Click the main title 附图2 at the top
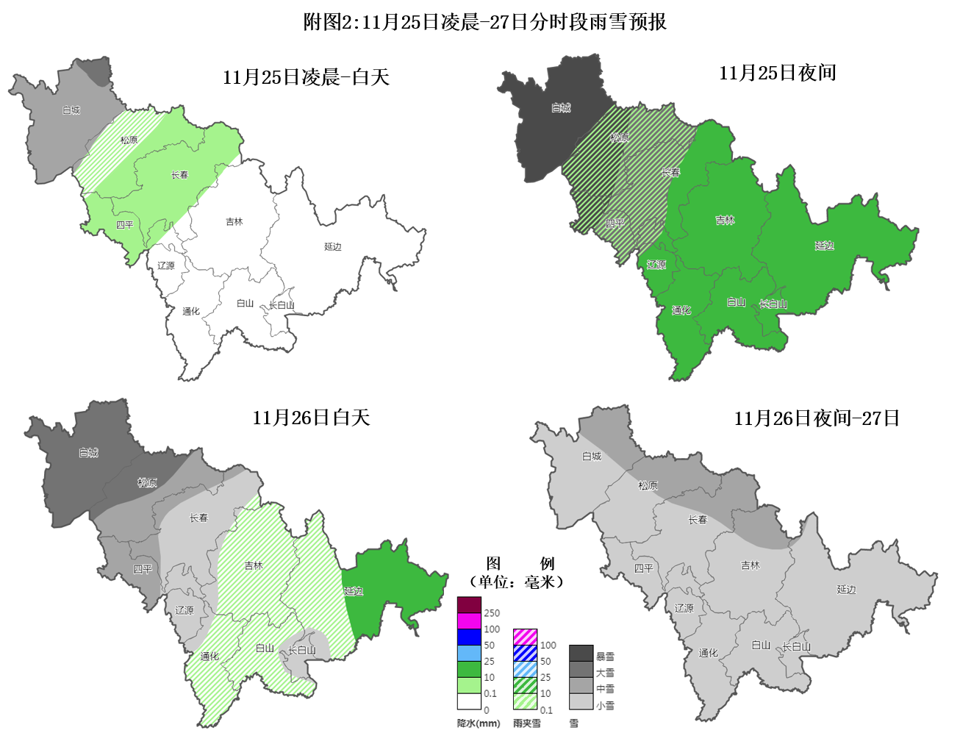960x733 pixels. click(485, 22)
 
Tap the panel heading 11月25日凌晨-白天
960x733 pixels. click(306, 77)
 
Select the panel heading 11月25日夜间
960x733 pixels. click(777, 73)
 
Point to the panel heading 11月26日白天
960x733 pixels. click(311, 418)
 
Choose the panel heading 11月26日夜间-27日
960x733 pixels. click(817, 418)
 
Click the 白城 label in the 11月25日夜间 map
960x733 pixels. click(561, 108)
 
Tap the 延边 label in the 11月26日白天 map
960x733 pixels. click(354, 591)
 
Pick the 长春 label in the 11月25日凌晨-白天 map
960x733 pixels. click(180, 175)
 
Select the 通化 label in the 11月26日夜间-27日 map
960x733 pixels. click(708, 653)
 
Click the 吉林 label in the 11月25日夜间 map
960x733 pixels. click(725, 220)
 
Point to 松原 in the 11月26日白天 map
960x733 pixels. click(147, 483)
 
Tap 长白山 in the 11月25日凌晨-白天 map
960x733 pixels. click(282, 305)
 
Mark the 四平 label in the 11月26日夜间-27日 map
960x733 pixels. click(643, 568)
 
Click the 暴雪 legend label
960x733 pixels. click(605, 657)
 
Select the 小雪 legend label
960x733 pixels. click(605, 705)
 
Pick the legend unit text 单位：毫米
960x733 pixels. click(516, 582)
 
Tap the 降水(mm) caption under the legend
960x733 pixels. click(479, 723)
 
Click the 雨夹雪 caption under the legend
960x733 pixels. click(527, 723)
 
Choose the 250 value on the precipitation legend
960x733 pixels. click(492, 613)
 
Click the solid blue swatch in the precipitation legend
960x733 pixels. click(469, 637)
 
